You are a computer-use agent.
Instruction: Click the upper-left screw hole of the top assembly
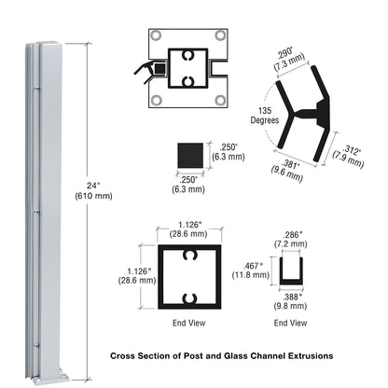tap(155, 38)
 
